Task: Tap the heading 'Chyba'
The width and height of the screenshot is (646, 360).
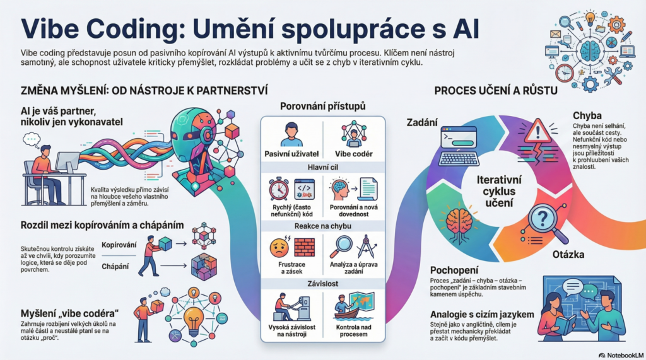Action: (x=586, y=116)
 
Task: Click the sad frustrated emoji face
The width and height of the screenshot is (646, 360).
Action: (x=278, y=245)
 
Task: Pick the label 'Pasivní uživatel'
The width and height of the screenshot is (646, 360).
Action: (x=291, y=153)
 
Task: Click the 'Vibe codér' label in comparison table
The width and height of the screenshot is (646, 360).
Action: (x=354, y=153)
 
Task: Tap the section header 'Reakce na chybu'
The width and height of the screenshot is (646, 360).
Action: (x=322, y=226)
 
